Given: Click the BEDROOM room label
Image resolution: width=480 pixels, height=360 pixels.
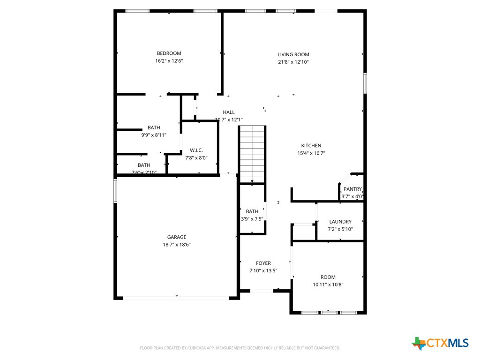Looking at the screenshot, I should [x=169, y=53].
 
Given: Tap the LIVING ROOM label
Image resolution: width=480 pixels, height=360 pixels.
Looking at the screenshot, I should [x=293, y=54].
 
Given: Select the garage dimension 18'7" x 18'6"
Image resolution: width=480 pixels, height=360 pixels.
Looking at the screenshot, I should [x=177, y=245].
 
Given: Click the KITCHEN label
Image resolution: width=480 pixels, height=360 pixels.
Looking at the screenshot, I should [x=311, y=146].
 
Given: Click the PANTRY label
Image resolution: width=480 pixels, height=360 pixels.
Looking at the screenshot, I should [x=352, y=189].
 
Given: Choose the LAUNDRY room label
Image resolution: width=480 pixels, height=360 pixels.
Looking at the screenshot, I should [x=340, y=222].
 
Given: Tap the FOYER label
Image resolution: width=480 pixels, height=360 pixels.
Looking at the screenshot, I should [x=263, y=263].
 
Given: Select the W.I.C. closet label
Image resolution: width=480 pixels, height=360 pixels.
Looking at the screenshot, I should [x=196, y=150].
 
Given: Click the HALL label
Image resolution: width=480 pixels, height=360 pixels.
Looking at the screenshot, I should [x=229, y=112].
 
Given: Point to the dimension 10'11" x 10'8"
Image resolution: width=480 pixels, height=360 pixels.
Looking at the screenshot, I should [x=328, y=285].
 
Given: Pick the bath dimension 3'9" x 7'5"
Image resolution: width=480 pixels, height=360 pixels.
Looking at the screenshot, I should [x=252, y=219].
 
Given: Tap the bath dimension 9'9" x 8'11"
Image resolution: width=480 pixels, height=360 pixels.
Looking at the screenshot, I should [x=154, y=135].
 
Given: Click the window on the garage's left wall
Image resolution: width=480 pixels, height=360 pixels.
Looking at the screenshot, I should [x=115, y=191].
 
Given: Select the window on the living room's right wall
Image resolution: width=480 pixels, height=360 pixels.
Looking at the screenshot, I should [x=365, y=83].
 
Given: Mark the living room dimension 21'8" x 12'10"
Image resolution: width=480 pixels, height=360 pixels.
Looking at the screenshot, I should [x=293, y=62].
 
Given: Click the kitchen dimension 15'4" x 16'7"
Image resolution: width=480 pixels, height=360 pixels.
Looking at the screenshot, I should [x=311, y=153].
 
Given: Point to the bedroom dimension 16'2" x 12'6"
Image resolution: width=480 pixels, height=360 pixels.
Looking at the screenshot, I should [x=169, y=61].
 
